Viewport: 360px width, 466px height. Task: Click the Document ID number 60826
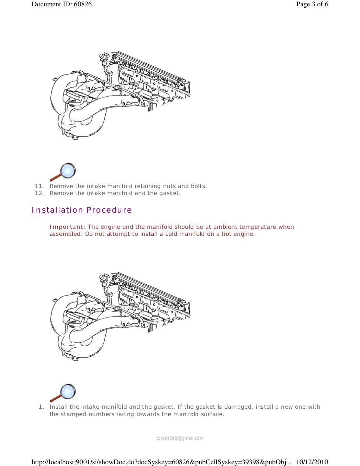coord(83,4)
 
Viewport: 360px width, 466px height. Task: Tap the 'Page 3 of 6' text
coord(312,4)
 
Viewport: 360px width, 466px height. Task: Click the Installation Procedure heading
coord(82,210)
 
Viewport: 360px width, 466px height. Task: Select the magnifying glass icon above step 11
coord(63,171)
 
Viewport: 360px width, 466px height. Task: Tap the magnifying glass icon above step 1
coord(63,393)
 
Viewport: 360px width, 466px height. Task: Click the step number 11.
coord(39,186)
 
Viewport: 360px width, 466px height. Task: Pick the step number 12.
coord(39,193)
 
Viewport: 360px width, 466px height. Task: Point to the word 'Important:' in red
coord(67,227)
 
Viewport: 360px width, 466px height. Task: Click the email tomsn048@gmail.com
coord(180,438)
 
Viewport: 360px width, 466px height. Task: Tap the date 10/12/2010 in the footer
coord(312,462)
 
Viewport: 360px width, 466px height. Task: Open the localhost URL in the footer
coord(161,462)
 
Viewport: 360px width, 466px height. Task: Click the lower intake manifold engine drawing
coord(120,316)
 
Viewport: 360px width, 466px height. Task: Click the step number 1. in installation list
coord(41,407)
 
